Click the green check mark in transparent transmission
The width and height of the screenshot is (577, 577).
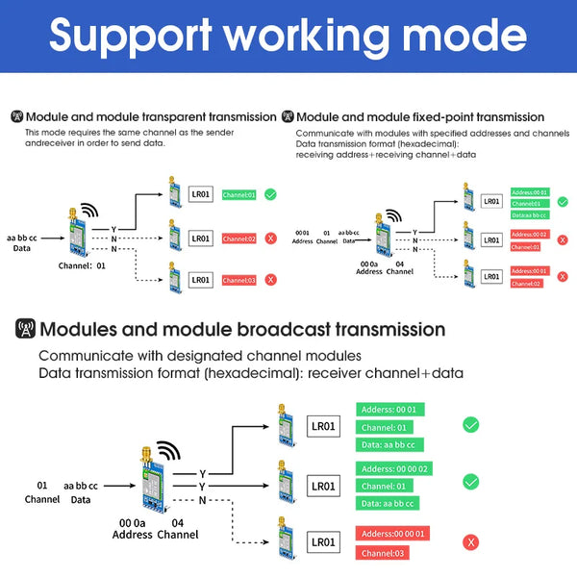270,194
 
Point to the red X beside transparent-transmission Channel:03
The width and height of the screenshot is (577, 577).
270,280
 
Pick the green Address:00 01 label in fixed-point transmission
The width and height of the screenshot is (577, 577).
530,192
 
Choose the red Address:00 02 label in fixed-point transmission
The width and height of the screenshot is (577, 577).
530,234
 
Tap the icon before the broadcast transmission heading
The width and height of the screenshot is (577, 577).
26,330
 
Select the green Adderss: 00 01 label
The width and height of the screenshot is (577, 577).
390,409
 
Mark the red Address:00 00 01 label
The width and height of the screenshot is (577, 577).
395,533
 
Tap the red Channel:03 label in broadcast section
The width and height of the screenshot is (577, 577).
383,553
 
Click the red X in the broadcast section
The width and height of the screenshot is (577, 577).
471,542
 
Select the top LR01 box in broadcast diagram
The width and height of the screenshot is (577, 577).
323,426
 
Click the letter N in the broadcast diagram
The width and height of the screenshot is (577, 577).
202,501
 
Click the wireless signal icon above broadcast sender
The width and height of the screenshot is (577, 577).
168,451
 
